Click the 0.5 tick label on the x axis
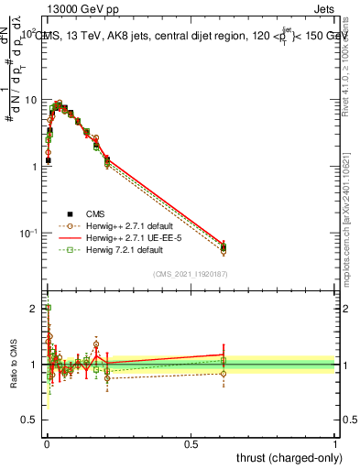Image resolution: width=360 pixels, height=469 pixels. coord(191,443)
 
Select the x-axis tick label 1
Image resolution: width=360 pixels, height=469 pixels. coord(335,443)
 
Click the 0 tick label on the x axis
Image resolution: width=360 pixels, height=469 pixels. coord(47,443)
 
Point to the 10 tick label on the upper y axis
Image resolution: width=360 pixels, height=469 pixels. coord(29,99)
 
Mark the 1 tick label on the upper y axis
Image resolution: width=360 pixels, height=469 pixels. coord(33,166)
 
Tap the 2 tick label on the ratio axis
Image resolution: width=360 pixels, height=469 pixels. coord(35,308)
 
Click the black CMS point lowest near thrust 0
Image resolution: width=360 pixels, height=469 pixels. coord(48,160)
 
